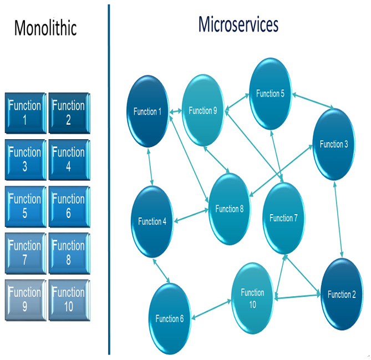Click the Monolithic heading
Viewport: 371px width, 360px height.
(45, 28)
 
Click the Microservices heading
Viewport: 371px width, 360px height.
(238, 24)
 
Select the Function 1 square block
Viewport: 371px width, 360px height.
(26, 113)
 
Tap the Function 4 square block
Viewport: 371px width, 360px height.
(69, 160)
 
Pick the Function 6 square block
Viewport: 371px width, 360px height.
(69, 206)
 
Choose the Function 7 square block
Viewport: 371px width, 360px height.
(26, 253)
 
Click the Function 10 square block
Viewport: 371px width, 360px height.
(69, 300)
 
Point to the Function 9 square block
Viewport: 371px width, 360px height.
(26, 300)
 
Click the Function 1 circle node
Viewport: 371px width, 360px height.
(148, 111)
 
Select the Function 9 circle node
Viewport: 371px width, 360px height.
(203, 110)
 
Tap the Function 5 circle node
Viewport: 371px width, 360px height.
(270, 94)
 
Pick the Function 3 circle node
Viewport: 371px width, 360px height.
(334, 144)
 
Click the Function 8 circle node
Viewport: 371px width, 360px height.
(229, 209)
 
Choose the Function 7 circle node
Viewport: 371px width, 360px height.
(284, 218)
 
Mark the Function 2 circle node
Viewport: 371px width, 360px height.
(342, 294)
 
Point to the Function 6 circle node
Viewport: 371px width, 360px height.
(170, 319)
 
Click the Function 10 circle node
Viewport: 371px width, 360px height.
(252, 298)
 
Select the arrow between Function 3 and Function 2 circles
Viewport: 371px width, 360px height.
(338, 220)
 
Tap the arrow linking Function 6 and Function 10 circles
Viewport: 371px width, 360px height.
(211, 310)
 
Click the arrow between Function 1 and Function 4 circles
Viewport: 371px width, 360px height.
(150, 167)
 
